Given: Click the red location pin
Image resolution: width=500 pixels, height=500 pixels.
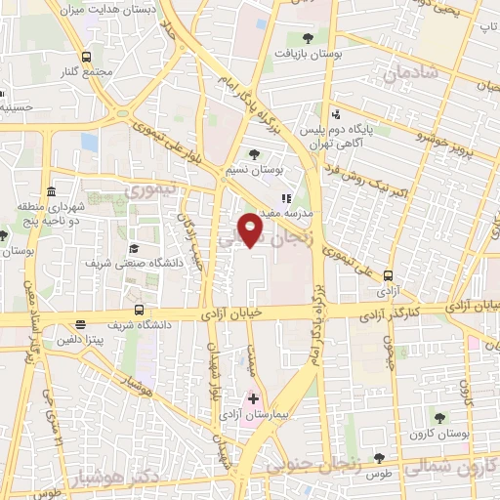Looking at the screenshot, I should coord(251,228).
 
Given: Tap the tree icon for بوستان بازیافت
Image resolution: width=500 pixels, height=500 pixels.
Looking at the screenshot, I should coord(309,38).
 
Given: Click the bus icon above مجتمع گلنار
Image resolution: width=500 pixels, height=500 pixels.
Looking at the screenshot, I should coord(88,57).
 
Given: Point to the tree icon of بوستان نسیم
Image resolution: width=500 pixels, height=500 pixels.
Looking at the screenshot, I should coord(255,153).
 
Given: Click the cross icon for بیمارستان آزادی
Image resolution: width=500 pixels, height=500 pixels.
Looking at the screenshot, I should coord(253,398).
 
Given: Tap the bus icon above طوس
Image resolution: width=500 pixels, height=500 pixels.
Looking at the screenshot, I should coord(378,458).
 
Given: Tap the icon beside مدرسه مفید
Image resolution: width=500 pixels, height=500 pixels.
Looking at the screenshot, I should coord(286,197).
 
